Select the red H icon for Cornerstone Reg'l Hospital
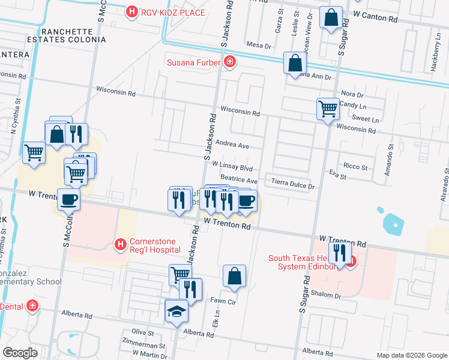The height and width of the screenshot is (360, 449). pos(120,244)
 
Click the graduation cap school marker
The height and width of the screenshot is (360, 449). pos(176,311)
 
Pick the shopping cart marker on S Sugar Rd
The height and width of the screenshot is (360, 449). pos(328,109)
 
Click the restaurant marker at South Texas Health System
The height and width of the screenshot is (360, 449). pos(339,253)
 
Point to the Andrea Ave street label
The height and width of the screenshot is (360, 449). pos(232,145)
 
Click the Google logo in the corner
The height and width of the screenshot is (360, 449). pos(20,353)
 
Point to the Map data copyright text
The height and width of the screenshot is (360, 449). pos(412,355)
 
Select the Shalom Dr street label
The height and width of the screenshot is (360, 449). pos(326,295)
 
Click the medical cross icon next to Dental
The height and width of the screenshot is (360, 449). pos(32,307)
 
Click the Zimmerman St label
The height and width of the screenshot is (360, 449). pos(143,346)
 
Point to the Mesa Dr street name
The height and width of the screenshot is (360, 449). pos(259,45)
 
